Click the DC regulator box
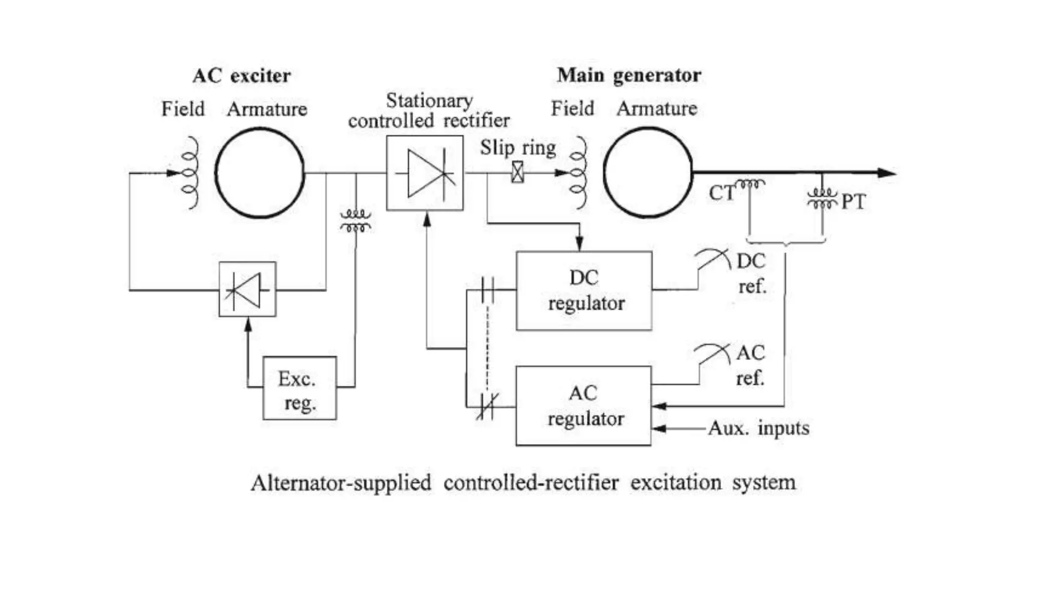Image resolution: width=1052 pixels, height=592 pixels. tap(584, 290)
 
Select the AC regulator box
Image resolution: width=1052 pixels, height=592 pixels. tap(584, 405)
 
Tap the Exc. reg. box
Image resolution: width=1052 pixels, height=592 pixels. tap(299, 388)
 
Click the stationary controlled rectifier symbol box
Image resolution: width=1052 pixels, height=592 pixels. tap(425, 173)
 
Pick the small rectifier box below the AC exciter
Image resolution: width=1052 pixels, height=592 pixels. tap(247, 289)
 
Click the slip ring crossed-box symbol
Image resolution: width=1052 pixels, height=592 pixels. tap(518, 172)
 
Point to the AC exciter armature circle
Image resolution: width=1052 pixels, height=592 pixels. tap(259, 173)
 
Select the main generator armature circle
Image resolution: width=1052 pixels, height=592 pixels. tap(648, 173)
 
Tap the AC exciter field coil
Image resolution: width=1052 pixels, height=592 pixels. tap(190, 173)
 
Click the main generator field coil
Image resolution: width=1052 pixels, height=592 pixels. tap(579, 173)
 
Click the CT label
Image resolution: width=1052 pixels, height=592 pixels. tap(722, 193)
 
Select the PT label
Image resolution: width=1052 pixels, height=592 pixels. tap(853, 201)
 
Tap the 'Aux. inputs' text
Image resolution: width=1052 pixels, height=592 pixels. tap(758, 428)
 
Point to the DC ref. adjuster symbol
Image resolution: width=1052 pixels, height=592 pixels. tap(713, 260)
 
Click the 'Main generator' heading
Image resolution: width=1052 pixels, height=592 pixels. tap(629, 75)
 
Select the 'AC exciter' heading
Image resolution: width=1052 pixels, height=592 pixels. tap(241, 76)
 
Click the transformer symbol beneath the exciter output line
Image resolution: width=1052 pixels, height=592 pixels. tap(355, 220)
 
